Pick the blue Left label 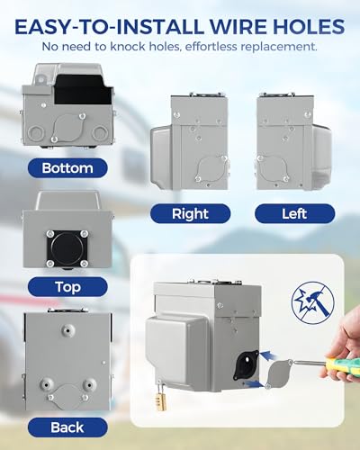tap(294, 213)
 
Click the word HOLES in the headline tap(296, 24)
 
